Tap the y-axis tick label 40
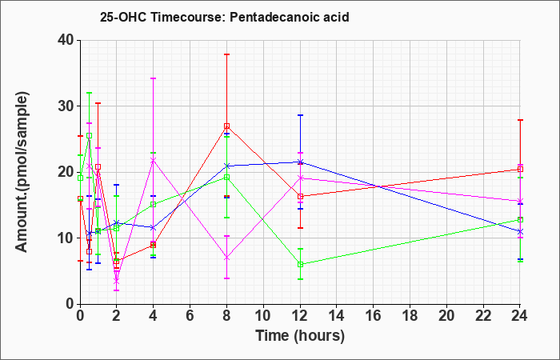pyautogui.click(x=66, y=40)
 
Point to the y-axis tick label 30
pyautogui.click(x=66, y=106)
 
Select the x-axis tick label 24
pyautogui.click(x=520, y=316)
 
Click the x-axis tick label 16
pyautogui.click(x=374, y=316)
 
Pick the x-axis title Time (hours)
pyautogui.click(x=300, y=336)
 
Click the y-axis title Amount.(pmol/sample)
pyautogui.click(x=22, y=172)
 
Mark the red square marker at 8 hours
pyautogui.click(x=226, y=126)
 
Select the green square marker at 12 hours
pyautogui.click(x=300, y=265)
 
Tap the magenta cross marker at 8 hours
pyautogui.click(x=226, y=258)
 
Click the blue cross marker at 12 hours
pyautogui.click(x=300, y=162)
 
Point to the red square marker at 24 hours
pyautogui.click(x=520, y=169)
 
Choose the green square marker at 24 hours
pyautogui.click(x=520, y=220)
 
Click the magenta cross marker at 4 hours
pyautogui.click(x=154, y=160)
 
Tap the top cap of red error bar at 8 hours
pyautogui.click(x=226, y=54)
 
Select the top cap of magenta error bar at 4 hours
pyautogui.click(x=154, y=78)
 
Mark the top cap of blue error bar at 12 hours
pyautogui.click(x=300, y=115)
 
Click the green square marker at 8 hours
pyautogui.click(x=226, y=177)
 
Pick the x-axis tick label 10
pyautogui.click(x=263, y=316)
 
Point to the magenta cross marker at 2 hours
pyautogui.click(x=117, y=282)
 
